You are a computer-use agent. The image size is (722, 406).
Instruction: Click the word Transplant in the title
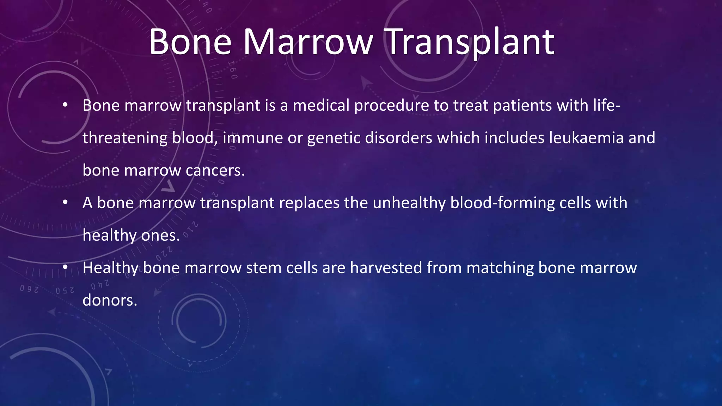click(470, 42)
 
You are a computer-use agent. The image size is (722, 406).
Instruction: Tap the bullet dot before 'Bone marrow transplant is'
click(65, 105)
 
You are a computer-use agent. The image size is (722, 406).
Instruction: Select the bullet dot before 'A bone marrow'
click(65, 203)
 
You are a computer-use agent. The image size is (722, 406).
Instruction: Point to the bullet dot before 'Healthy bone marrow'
click(65, 267)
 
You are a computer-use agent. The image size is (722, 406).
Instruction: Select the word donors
click(110, 300)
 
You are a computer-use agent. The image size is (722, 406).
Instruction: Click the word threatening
click(125, 138)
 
